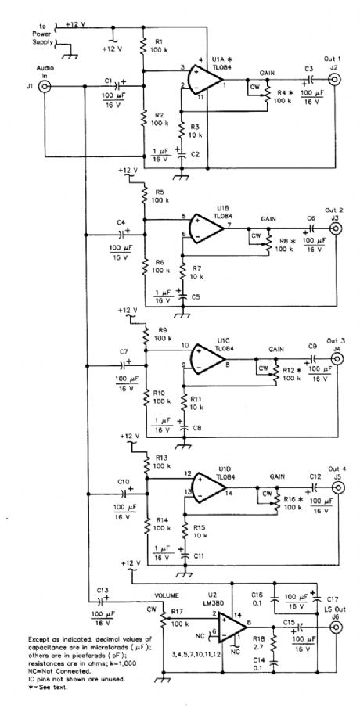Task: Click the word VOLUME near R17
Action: tap(167, 594)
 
